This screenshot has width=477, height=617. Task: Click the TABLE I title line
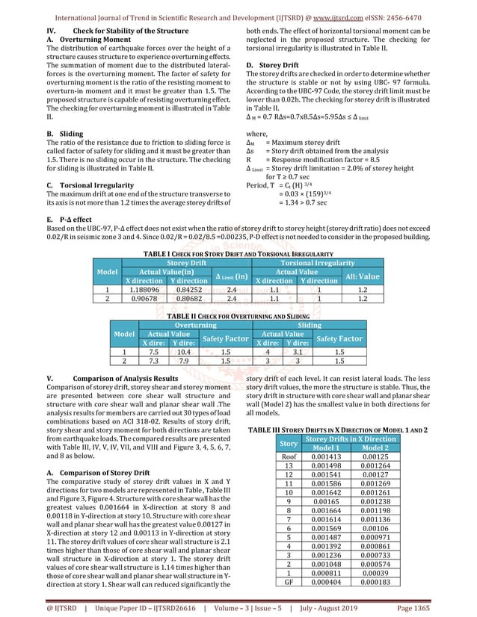(239, 254)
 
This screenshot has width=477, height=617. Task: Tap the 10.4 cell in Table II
(182, 350)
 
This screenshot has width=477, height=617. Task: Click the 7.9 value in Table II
(182, 359)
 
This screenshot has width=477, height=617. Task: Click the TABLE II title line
(239, 316)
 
